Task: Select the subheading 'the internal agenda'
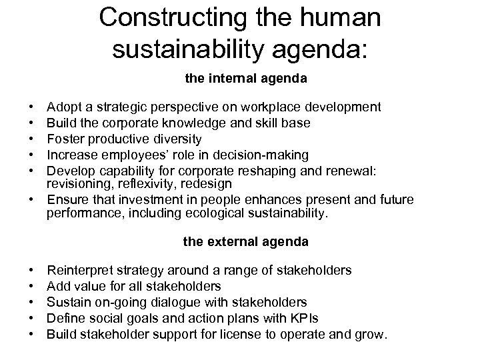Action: coord(246,78)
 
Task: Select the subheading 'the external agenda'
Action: coord(246,242)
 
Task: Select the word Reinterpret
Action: coord(80,270)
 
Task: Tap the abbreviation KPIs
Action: coord(301,318)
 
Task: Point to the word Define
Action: coord(65,318)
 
